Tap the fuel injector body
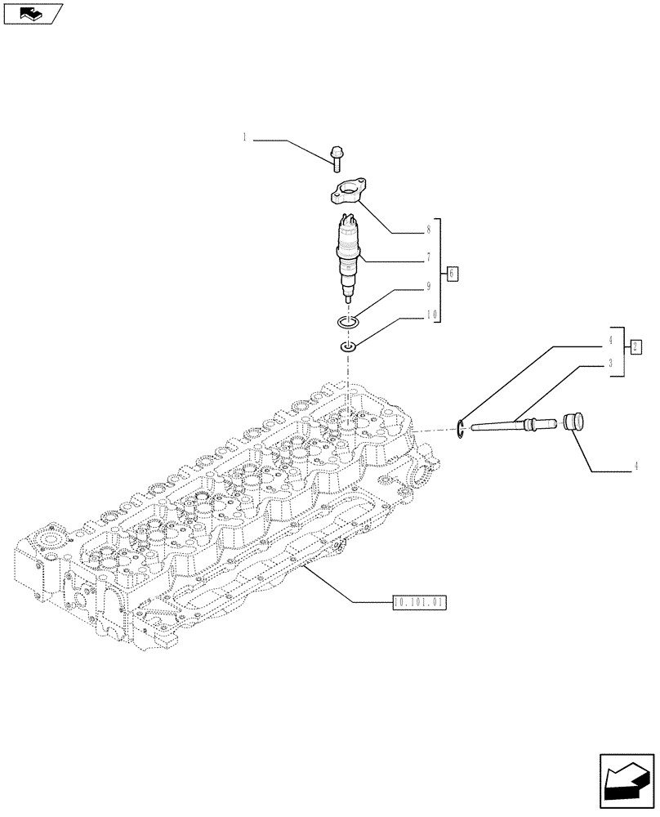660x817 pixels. (348, 253)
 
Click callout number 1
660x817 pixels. (244, 138)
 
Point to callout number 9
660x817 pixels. (427, 287)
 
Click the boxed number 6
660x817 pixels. (452, 273)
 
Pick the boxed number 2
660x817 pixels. (636, 346)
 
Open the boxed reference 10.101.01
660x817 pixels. (420, 603)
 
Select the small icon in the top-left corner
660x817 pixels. (33, 14)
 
